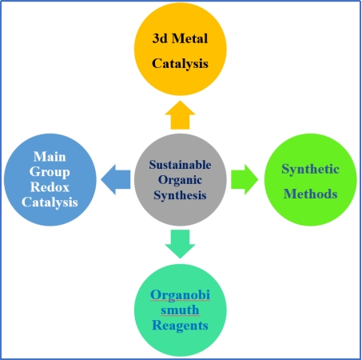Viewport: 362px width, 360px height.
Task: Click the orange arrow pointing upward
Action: (x=180, y=115)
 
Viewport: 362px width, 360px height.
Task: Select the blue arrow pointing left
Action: (x=116, y=180)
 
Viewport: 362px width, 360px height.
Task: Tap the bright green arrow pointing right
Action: (x=245, y=180)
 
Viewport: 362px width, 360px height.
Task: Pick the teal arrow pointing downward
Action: (x=180, y=244)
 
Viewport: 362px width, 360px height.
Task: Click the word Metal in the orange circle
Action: (x=189, y=38)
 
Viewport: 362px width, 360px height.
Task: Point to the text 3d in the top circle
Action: (x=160, y=38)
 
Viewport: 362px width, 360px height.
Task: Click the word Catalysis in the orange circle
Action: (x=180, y=64)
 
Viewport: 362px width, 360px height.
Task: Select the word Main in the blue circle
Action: (x=50, y=157)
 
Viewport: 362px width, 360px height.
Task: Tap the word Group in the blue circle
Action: (x=50, y=172)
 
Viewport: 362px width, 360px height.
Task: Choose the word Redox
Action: (x=50, y=187)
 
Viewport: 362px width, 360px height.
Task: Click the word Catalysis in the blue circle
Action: (x=50, y=202)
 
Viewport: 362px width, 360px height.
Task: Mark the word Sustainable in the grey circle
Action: (x=180, y=165)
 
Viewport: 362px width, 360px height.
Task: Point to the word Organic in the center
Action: (x=180, y=180)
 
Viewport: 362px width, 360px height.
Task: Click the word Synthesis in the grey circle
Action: (x=180, y=195)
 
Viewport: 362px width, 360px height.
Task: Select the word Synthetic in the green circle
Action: (x=310, y=169)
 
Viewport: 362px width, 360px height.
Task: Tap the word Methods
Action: (x=310, y=194)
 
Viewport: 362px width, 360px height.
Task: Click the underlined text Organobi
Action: (x=180, y=295)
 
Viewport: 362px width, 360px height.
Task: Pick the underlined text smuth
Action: (x=180, y=310)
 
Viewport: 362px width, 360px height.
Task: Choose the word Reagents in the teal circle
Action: (x=180, y=326)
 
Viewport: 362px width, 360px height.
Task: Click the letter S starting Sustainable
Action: (x=152, y=165)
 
